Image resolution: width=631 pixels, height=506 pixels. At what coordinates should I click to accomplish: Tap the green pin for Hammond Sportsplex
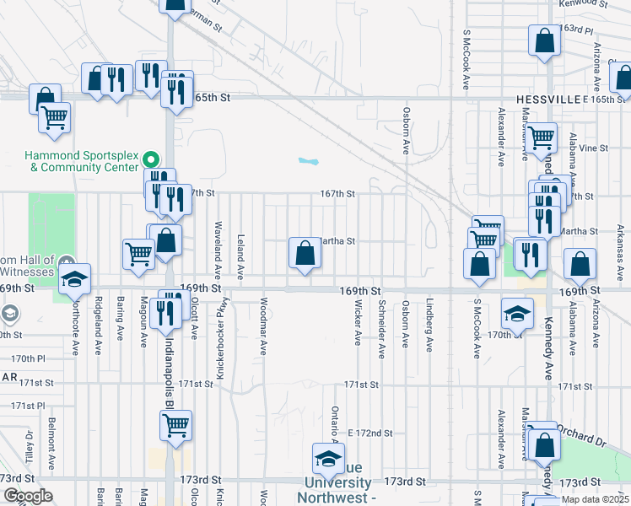(x=152, y=159)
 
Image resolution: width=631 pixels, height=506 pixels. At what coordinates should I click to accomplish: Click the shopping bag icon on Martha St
(x=304, y=252)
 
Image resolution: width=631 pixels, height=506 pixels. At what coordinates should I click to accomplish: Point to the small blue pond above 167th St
(x=309, y=160)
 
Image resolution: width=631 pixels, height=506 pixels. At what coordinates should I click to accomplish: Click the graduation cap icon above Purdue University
(x=327, y=458)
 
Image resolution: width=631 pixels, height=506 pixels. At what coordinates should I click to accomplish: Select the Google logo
(x=27, y=497)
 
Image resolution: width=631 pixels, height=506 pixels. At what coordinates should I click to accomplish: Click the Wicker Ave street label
(x=358, y=322)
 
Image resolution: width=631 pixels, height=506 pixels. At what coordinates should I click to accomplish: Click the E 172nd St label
(x=370, y=433)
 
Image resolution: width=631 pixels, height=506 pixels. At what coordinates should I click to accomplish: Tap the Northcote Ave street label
(x=75, y=329)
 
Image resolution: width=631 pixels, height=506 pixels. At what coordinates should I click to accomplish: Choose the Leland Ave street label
(x=241, y=256)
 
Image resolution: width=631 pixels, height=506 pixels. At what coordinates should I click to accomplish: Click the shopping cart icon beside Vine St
(x=542, y=135)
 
